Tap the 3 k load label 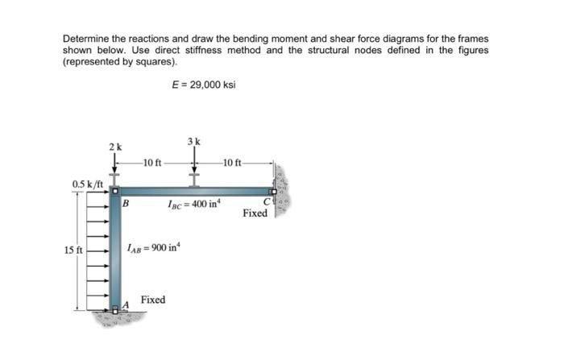click(193, 142)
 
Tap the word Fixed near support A click(153, 300)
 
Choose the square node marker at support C click(272, 192)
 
